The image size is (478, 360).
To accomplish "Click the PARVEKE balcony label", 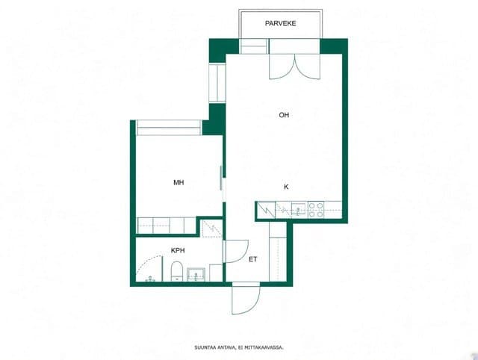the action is (x=281, y=23).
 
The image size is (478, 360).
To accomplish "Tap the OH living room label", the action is (x=284, y=115).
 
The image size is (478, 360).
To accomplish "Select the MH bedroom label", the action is (x=179, y=182).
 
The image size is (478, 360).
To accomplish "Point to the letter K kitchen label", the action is (x=286, y=187).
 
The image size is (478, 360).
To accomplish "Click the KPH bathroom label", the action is (x=178, y=250).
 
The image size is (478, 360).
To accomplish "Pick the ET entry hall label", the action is (x=252, y=259).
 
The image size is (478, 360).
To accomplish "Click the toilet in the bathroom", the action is (x=176, y=271).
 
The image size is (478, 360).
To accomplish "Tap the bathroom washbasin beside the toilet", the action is (x=196, y=275).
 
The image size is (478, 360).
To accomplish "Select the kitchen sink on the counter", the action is (x=298, y=210).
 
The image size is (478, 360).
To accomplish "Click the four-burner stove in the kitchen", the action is (x=316, y=210).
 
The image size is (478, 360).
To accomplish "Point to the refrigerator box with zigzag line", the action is (x=267, y=210).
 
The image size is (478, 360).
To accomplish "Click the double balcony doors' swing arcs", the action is (x=295, y=66).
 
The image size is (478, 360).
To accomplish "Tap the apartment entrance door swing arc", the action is (x=246, y=300).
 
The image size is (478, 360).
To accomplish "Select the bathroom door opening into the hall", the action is (x=236, y=252).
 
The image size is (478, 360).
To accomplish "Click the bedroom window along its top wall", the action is (x=169, y=128).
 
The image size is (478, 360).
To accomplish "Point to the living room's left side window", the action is (x=217, y=83).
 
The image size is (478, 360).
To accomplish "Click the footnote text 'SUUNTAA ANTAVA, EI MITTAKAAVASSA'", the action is (x=239, y=347).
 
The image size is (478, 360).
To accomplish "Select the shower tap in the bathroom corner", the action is (x=149, y=279).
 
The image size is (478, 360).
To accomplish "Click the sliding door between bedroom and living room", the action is (x=221, y=179).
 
